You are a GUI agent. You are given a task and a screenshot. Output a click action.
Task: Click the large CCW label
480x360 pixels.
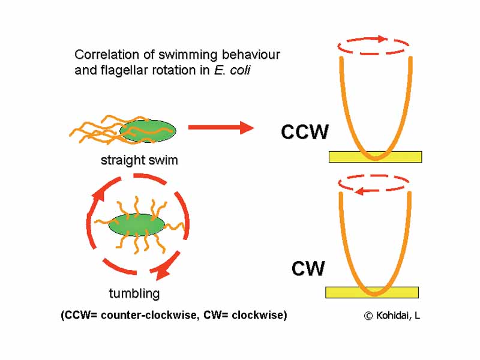pos(305,132)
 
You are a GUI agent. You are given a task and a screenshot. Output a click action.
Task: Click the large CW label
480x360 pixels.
pos(308,269)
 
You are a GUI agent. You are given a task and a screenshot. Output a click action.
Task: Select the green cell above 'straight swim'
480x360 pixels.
pos(148,130)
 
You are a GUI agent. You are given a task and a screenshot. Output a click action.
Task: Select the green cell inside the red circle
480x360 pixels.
pos(136,224)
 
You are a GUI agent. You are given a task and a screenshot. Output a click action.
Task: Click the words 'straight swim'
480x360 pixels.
pos(139,161)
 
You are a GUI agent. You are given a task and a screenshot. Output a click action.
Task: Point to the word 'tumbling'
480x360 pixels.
pos(134,293)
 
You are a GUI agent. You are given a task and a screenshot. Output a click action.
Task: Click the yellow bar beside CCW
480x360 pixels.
pos(375,157)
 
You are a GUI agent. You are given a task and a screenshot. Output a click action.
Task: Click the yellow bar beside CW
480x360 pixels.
pos(371,293)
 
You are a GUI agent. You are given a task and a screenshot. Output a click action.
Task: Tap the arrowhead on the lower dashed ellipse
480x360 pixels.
pos(360,191)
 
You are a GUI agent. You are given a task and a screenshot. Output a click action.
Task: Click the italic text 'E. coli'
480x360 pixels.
pos(232,70)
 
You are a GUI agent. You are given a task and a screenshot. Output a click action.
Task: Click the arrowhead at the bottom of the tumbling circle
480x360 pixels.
pos(163,273)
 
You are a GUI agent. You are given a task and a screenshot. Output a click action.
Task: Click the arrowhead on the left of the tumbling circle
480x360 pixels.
pos(97,194)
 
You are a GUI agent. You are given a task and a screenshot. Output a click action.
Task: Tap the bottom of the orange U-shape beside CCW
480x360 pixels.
pos(375,158)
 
